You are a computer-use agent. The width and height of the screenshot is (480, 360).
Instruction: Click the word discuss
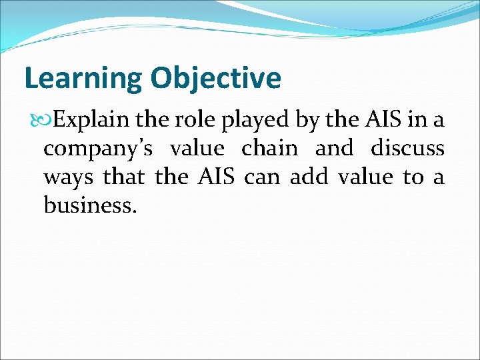407,149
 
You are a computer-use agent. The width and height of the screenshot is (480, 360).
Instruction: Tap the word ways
69,178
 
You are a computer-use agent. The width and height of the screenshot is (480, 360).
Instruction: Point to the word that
125,177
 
